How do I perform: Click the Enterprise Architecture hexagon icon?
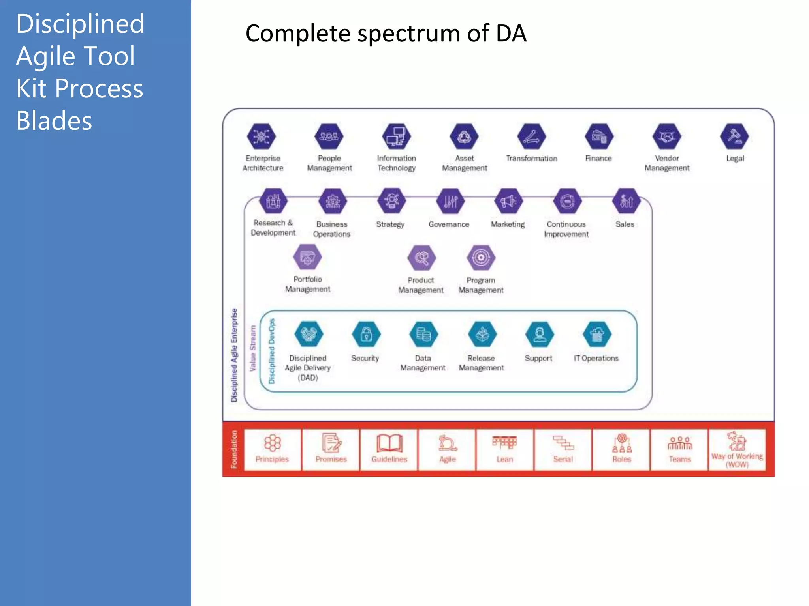261,137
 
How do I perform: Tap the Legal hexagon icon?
734,137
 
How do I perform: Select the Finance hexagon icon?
599,137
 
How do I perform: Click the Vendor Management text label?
667,163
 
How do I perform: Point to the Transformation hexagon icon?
531,137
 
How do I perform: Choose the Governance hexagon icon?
450,201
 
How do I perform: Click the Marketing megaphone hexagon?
508,201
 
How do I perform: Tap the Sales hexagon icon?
626,201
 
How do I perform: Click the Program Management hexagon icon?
481,258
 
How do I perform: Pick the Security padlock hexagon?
366,335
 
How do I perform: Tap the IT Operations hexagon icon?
597,335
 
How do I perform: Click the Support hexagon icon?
539,335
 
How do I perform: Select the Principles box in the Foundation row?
272,450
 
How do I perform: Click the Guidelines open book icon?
389,443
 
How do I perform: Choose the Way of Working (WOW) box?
737,450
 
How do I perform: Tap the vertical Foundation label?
234,449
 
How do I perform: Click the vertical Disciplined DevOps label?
272,351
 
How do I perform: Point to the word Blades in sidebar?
54,121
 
